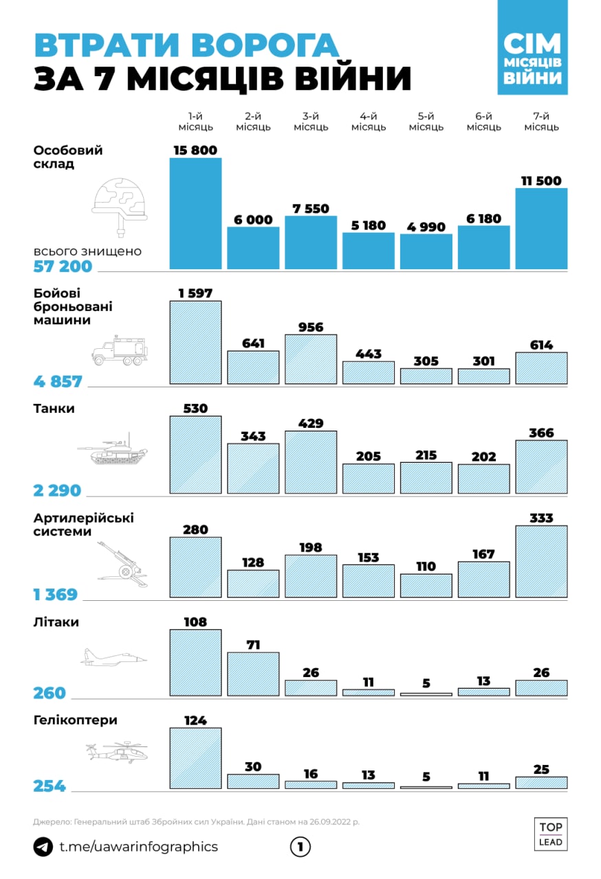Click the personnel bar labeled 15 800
coord(196,213)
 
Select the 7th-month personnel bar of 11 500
coord(541,228)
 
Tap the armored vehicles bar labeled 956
coord(311,359)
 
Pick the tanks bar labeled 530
coord(196,455)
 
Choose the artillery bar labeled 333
coord(541,561)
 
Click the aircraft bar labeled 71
coord(253,674)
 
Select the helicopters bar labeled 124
coord(196,758)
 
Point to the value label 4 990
coord(426,227)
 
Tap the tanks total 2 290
coord(57,490)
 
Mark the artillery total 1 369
coord(56,595)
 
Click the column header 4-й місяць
coord(369,122)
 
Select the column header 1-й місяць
coord(196,122)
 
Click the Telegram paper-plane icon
coord(43,847)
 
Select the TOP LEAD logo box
coord(551,834)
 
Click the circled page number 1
coord(300,847)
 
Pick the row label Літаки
coord(56,622)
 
